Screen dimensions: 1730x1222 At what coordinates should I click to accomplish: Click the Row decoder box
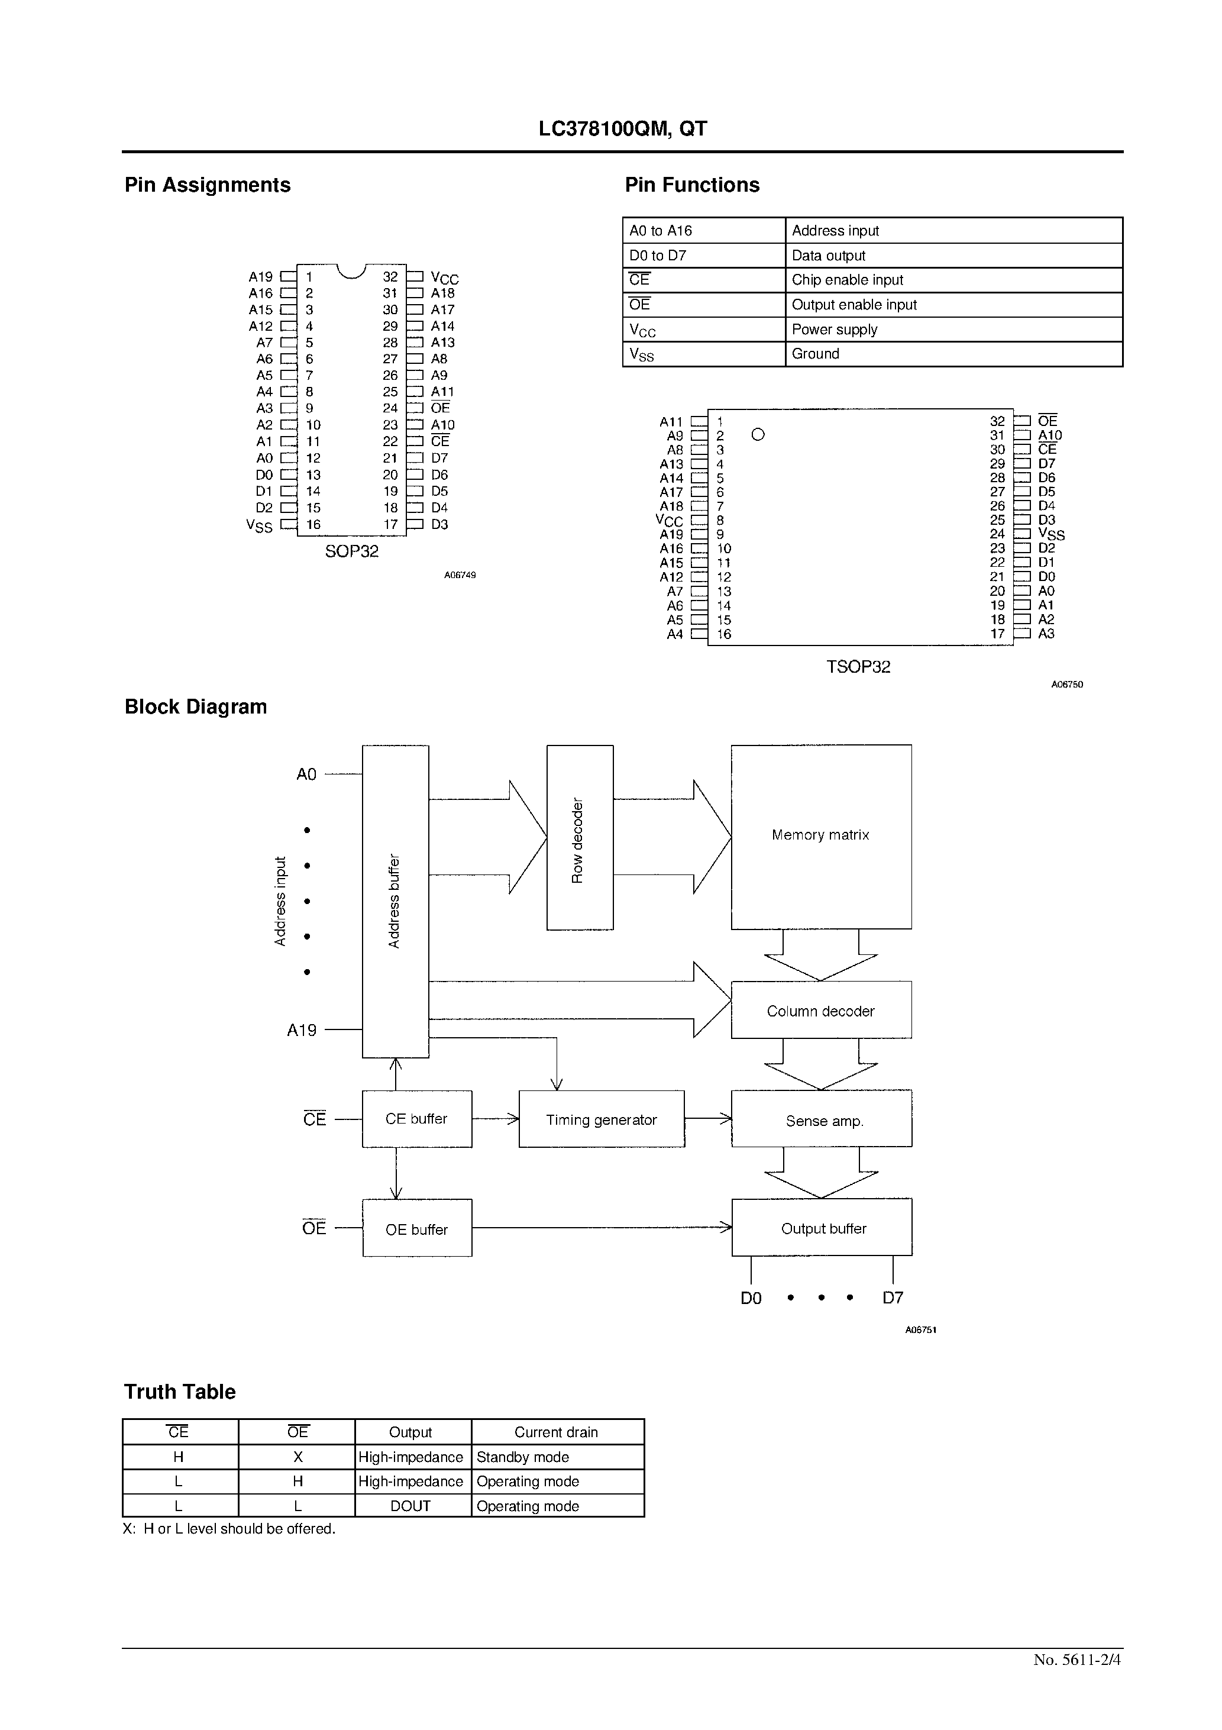580,837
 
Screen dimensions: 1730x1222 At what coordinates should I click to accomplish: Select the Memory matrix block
820,837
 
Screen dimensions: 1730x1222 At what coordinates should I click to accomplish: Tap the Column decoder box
820,1011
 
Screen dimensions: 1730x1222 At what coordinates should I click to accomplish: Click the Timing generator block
601,1119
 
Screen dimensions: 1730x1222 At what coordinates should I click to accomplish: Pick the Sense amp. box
821,1119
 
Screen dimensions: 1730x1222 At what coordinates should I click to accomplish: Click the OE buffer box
416,1229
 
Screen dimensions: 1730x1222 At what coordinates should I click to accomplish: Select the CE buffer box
416,1119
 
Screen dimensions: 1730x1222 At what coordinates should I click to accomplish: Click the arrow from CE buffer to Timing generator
495,1119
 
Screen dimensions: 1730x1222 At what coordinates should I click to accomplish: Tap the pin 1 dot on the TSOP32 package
758,434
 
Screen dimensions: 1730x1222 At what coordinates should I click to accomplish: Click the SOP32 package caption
352,551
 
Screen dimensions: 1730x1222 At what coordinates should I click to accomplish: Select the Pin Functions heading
691,185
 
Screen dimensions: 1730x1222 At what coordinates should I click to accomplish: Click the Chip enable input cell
848,279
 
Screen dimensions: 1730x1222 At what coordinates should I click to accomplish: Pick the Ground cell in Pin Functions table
815,353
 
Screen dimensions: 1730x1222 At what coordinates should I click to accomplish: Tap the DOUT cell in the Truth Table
410,1505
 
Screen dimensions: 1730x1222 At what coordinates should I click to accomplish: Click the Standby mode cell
523,1457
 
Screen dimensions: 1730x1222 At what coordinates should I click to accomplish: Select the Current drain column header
556,1432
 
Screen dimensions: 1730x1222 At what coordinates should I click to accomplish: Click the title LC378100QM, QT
622,130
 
